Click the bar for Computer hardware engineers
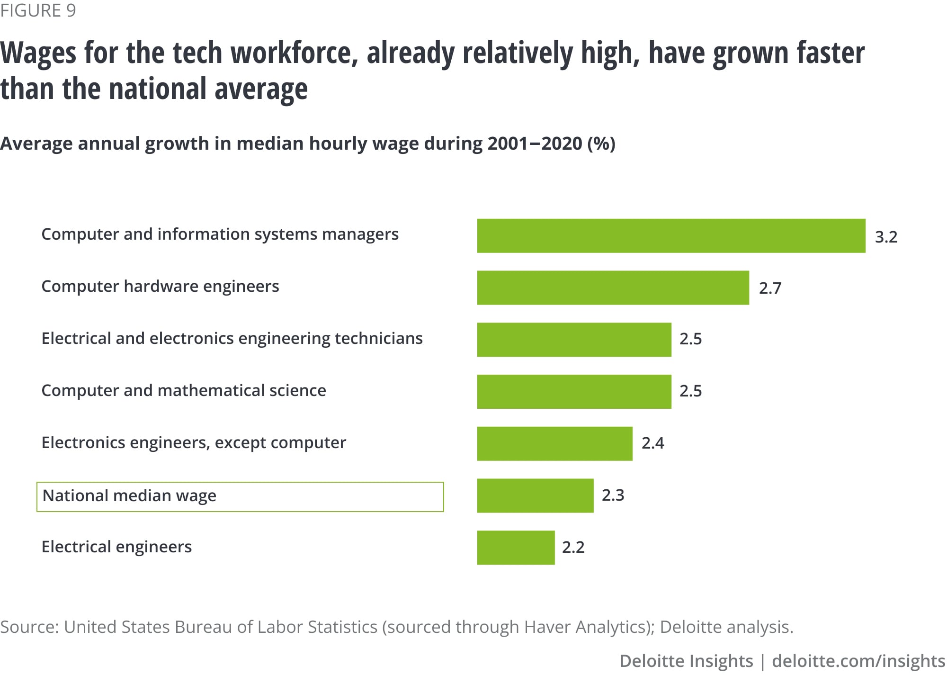click(613, 288)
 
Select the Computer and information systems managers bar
click(671, 235)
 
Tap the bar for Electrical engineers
click(516, 548)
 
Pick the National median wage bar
click(535, 495)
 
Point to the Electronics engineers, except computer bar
click(554, 443)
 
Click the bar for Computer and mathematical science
click(574, 391)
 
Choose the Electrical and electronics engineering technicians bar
click(574, 340)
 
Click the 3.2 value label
click(886, 237)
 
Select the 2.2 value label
click(573, 548)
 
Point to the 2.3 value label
click(613, 495)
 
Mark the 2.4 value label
click(652, 443)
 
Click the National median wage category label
click(129, 496)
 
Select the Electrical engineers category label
click(116, 547)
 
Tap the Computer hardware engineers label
click(160, 287)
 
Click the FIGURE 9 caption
click(38, 10)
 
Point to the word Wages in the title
click(38, 53)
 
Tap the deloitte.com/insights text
click(858, 661)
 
